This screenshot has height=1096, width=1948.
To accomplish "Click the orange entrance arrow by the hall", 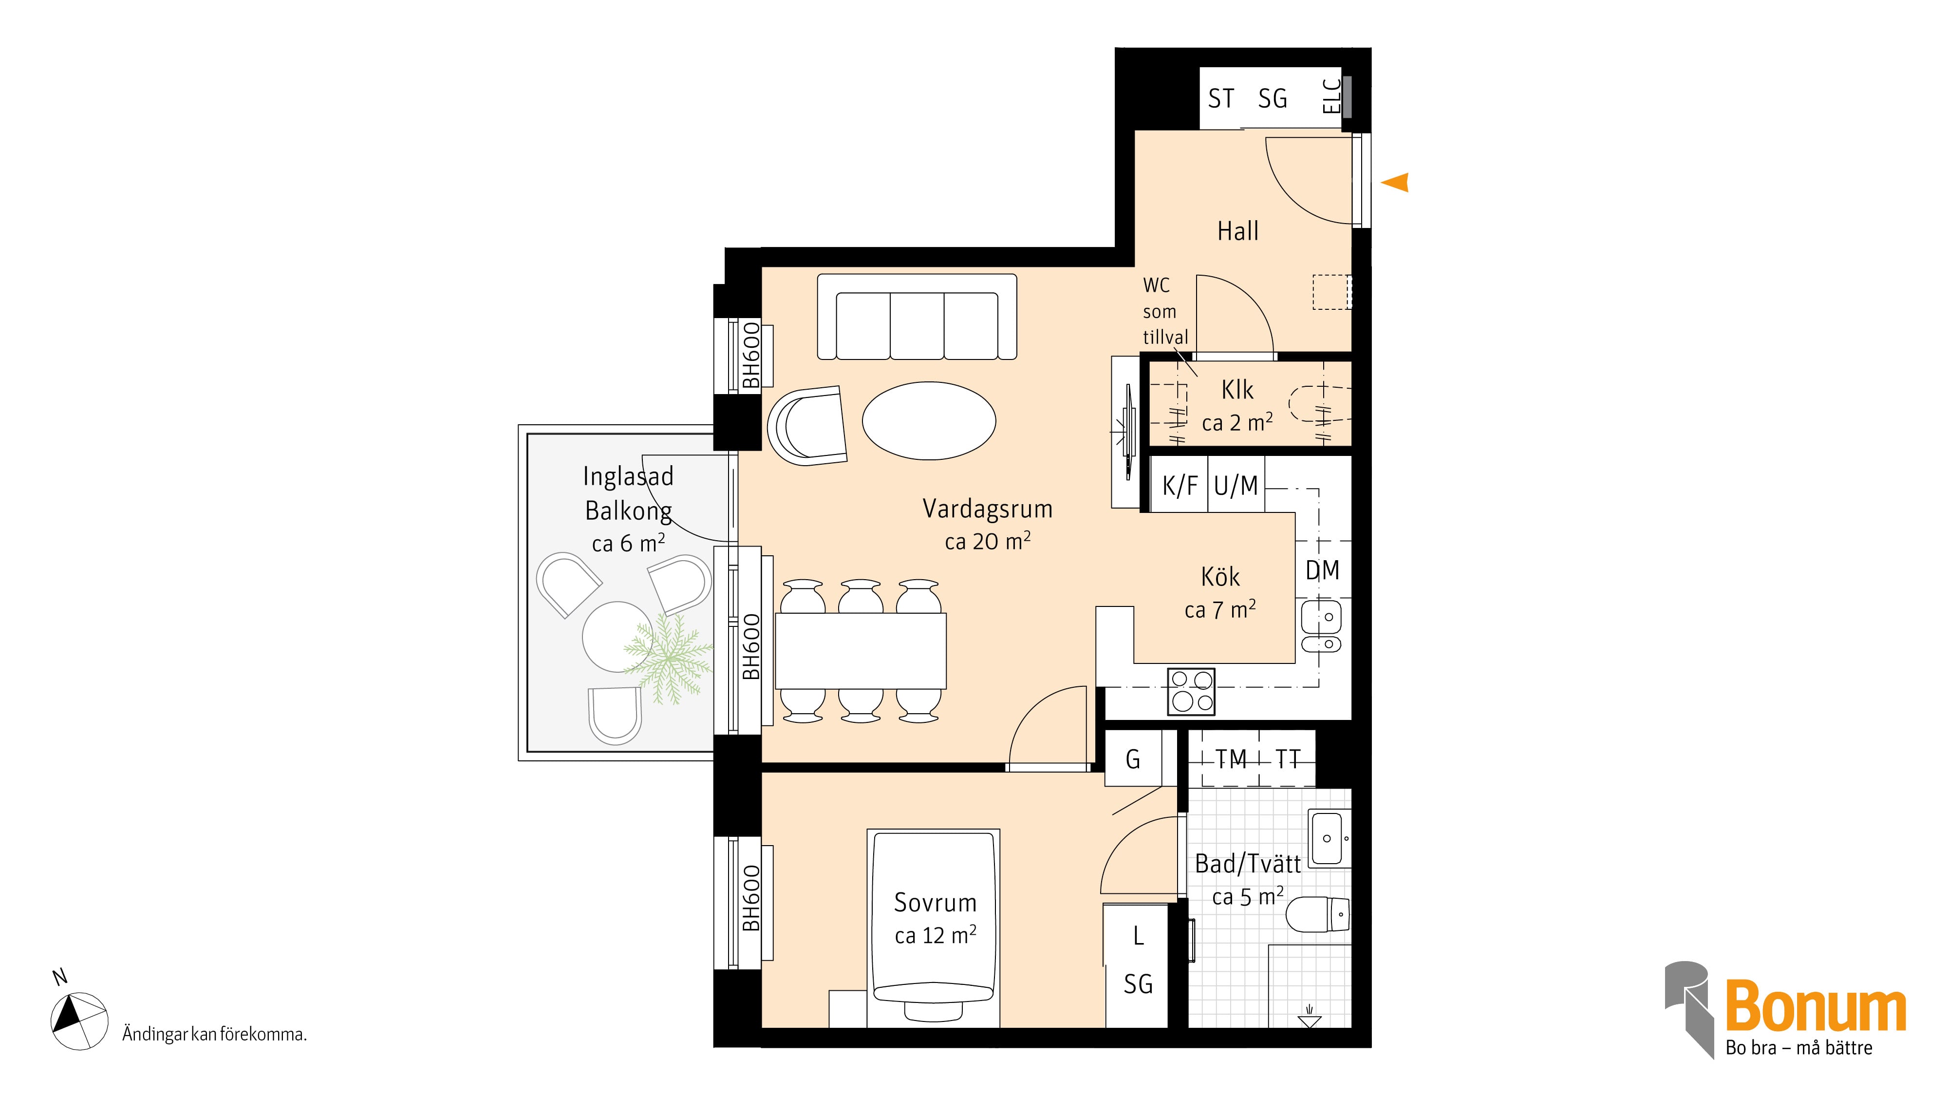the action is (1396, 182).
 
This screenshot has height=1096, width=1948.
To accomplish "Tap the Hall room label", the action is (1238, 231).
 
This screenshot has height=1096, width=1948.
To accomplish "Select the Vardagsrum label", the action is (988, 509).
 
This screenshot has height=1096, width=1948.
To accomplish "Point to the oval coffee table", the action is (929, 420).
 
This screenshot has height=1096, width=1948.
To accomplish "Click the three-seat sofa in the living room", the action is (918, 317).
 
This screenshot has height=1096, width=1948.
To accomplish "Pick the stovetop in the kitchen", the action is (1191, 691).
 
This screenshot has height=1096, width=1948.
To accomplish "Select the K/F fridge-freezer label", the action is (1180, 486).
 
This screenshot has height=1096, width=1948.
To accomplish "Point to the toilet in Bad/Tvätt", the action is (1317, 915).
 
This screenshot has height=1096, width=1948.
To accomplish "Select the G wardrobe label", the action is (1133, 759).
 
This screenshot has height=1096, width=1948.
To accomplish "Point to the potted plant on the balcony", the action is (667, 656).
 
